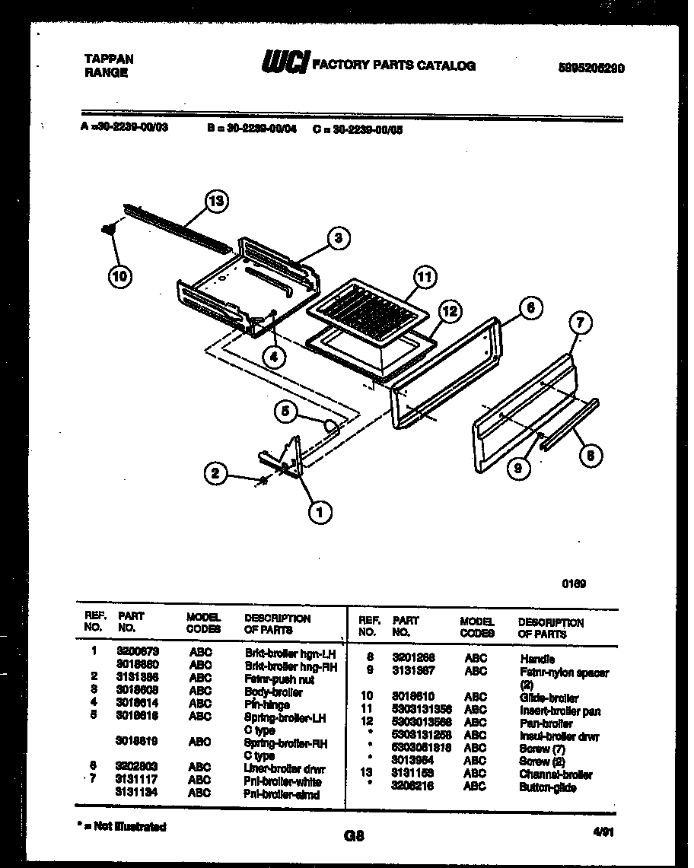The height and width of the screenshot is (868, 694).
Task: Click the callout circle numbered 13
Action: (217, 201)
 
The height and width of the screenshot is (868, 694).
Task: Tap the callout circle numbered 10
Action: (119, 276)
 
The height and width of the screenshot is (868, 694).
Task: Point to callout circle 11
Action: (425, 278)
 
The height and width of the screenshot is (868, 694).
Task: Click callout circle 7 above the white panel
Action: (579, 323)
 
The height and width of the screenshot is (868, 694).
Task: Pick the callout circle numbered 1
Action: (319, 513)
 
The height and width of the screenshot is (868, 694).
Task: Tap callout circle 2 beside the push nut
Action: (216, 474)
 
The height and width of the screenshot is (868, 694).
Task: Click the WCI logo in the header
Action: (284, 65)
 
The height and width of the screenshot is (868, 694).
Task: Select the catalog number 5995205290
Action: (591, 67)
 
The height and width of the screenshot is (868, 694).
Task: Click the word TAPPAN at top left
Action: (108, 59)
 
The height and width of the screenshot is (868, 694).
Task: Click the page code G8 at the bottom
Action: (354, 835)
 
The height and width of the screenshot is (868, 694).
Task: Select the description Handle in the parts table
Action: (537, 659)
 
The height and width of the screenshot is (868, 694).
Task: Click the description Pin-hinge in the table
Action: (267, 704)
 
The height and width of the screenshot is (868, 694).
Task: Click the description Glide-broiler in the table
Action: (549, 698)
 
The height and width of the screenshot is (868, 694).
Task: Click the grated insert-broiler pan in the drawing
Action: (366, 311)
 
